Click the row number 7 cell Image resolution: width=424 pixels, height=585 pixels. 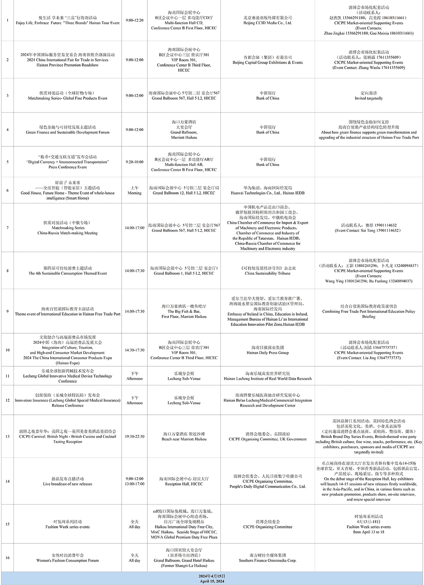point(7,228)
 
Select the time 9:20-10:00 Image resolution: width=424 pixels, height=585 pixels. point(134,162)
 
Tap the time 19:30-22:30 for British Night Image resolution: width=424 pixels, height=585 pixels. point(134,437)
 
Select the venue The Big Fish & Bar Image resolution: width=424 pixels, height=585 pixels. point(184,311)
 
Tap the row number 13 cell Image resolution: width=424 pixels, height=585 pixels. point(7,437)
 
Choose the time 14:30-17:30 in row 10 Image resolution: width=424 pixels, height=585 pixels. point(134,350)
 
